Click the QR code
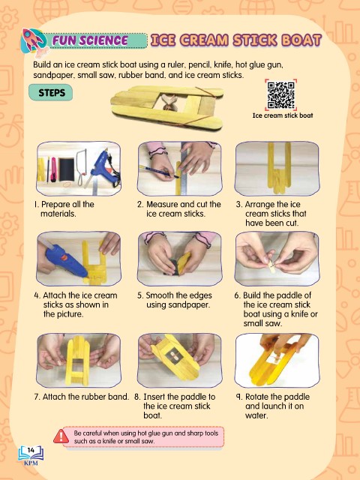[280, 95]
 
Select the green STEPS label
[51, 92]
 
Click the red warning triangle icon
[61, 436]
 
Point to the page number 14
[31, 450]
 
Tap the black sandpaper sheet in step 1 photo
[67, 170]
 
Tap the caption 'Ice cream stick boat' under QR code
[283, 115]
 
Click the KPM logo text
[31, 463]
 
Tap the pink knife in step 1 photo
[53, 169]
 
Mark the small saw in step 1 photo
[82, 167]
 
